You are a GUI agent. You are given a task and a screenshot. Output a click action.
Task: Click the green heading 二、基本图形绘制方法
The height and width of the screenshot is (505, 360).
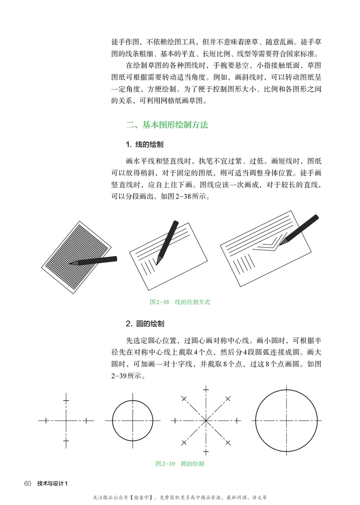pyautogui.click(x=167, y=125)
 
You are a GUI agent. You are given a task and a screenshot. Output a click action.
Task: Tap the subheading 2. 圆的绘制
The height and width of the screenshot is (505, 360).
pyautogui.click(x=144, y=324)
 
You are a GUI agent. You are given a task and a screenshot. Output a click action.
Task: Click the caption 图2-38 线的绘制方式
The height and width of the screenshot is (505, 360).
pyautogui.click(x=180, y=302)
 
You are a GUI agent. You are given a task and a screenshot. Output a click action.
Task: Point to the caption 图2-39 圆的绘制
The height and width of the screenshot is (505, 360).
pyautogui.click(x=180, y=463)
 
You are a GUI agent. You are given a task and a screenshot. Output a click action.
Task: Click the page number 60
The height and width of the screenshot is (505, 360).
pyautogui.click(x=27, y=484)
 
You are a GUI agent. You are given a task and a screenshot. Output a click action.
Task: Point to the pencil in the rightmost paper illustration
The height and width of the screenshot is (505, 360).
pyautogui.click(x=299, y=230)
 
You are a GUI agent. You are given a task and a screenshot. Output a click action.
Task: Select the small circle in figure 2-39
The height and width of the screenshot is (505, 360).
pyautogui.click(x=133, y=421)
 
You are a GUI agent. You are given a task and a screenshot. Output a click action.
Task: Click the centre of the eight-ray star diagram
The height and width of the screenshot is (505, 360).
pyautogui.click(x=206, y=421)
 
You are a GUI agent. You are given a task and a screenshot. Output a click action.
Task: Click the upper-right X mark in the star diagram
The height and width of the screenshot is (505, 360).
pyautogui.click(x=228, y=398)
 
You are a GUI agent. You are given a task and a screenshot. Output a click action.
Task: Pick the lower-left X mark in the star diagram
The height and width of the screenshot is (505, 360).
pyautogui.click(x=183, y=442)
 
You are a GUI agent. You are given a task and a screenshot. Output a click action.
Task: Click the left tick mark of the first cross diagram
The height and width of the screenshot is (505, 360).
pyautogui.click(x=45, y=421)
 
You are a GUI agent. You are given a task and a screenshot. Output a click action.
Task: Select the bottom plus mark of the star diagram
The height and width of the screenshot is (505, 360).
pyautogui.click(x=206, y=451)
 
